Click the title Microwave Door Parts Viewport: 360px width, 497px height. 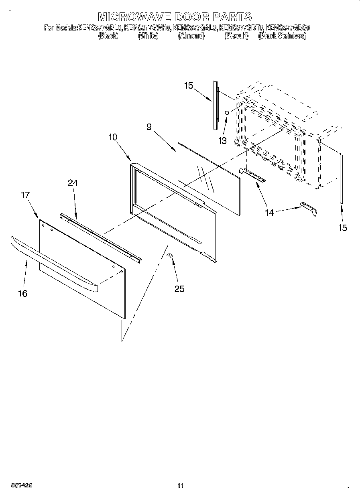(x=175, y=17)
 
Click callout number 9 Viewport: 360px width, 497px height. (x=148, y=127)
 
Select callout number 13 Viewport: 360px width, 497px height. (x=222, y=141)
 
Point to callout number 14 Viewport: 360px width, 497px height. (x=269, y=213)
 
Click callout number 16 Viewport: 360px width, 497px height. (x=23, y=293)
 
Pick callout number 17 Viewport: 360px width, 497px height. (x=25, y=195)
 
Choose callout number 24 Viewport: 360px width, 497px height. (x=73, y=183)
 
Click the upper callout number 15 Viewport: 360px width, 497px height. (x=189, y=85)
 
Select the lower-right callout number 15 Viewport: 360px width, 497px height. (x=342, y=228)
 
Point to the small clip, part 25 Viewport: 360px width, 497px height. (x=169, y=255)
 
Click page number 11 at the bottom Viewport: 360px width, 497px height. (x=180, y=486)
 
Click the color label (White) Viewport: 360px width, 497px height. (x=148, y=36)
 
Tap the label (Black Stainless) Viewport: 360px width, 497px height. (x=282, y=36)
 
